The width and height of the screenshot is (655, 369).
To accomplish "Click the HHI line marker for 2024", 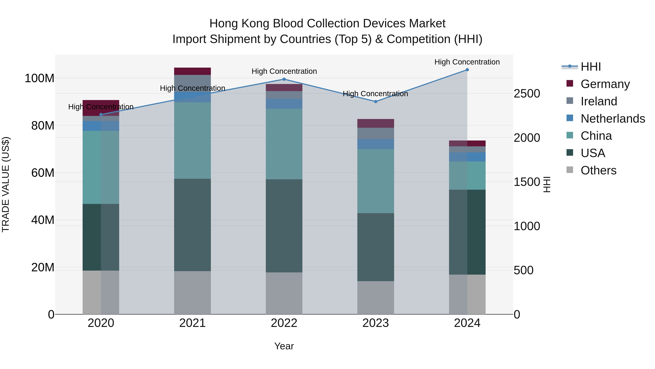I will pyautogui.click(x=467, y=70).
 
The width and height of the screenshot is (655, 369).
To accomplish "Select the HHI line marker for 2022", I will pyautogui.click(x=284, y=79).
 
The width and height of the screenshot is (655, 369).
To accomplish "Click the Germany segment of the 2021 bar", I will pyautogui.click(x=192, y=71).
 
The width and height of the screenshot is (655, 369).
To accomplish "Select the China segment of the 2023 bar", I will pyautogui.click(x=376, y=181).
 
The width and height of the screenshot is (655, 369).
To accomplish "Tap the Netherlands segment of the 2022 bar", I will pyautogui.click(x=284, y=104).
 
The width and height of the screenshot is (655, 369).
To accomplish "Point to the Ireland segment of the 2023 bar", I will pyautogui.click(x=376, y=133).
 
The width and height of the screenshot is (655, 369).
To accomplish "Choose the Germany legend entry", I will pyautogui.click(x=605, y=84).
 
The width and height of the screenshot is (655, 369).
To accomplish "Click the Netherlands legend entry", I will pyautogui.click(x=613, y=119).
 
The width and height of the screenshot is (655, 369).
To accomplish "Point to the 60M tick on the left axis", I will pyautogui.click(x=43, y=173).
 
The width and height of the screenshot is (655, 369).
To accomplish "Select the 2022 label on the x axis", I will pyautogui.click(x=284, y=323).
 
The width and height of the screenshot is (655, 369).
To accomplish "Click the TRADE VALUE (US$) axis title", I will pyautogui.click(x=6, y=184).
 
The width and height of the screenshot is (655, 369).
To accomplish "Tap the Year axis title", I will pyautogui.click(x=284, y=346).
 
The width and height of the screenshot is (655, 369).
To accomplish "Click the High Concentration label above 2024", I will pyautogui.click(x=467, y=62).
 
